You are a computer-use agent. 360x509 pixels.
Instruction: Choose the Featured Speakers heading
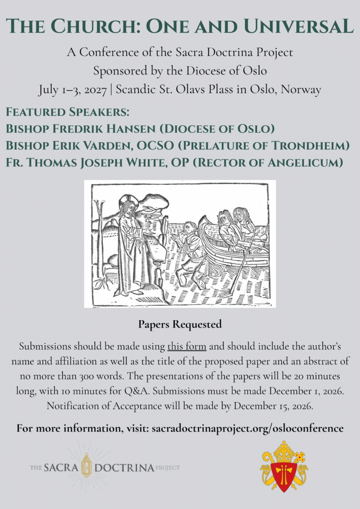pos(67,112)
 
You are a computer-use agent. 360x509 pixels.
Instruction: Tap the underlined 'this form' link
pos(186,346)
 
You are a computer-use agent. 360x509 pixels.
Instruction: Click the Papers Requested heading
pos(180,325)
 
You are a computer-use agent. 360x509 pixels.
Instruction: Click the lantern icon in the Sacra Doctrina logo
pos(87,467)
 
